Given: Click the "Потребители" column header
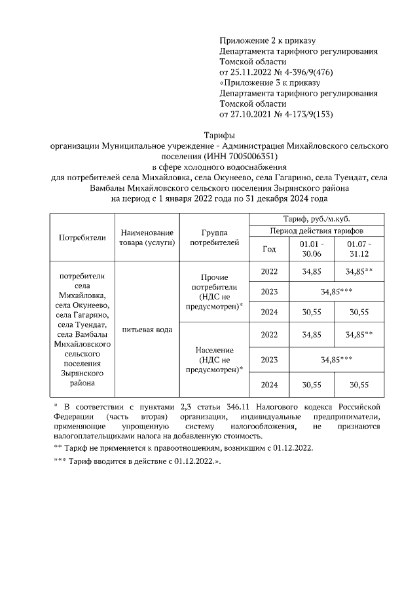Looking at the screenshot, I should tap(82, 237).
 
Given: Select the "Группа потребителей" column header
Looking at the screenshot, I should tap(214, 237).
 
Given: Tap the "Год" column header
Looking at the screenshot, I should tap(269, 249).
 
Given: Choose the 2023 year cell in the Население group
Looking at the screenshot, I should tap(269, 359).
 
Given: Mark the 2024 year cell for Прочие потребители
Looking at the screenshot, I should tap(269, 312).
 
